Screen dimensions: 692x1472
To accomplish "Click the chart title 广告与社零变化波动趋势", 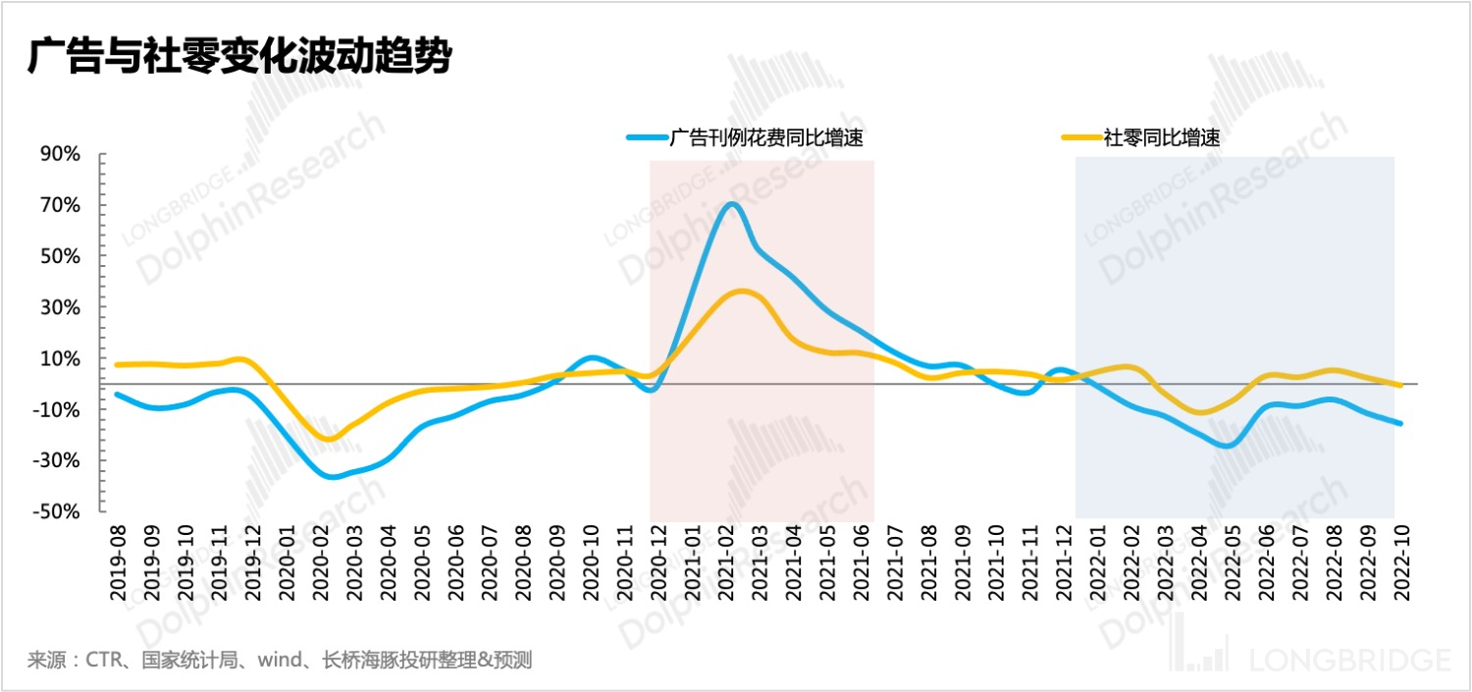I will (239, 56).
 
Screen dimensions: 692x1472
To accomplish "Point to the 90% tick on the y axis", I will (61, 155).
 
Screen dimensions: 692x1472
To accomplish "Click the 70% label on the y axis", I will (61, 206).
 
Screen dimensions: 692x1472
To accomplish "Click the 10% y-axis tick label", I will (61, 359).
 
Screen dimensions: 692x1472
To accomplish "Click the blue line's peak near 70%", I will (731, 204).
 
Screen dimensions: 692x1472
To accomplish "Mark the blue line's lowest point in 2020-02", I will (332, 476).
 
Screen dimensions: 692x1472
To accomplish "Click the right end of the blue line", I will (1399, 423).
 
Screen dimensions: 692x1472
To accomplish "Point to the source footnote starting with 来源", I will (280, 660).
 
